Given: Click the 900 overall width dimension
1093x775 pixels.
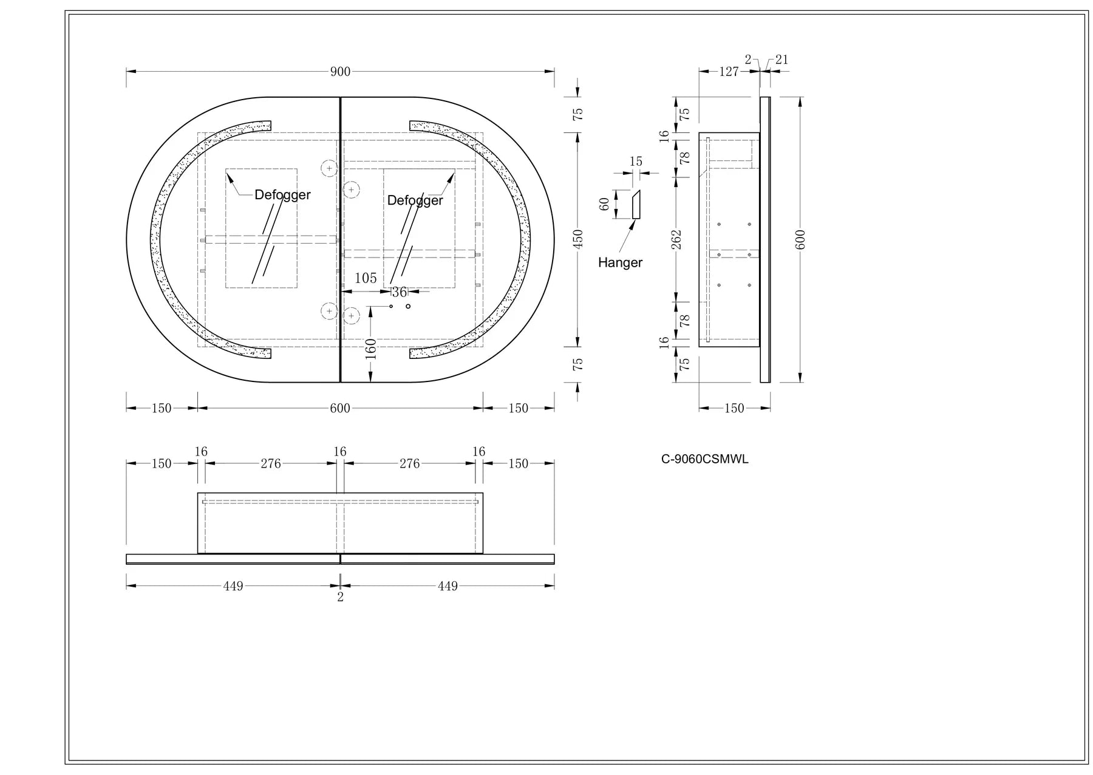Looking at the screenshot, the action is [x=340, y=72].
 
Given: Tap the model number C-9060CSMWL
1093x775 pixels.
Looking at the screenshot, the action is [x=704, y=459].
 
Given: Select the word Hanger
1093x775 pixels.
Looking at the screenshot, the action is [x=620, y=262].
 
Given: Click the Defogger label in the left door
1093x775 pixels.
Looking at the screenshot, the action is [x=282, y=195].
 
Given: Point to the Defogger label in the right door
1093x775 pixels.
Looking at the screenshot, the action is [x=415, y=200].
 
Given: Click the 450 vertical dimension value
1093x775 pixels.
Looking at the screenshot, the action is [x=578, y=238].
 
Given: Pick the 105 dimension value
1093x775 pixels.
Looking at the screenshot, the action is [x=366, y=278].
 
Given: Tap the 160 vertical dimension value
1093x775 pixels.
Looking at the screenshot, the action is [x=370, y=349].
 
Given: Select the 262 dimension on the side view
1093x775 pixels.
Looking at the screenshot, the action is [x=677, y=239].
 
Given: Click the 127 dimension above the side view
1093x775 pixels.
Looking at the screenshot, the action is [x=729, y=72].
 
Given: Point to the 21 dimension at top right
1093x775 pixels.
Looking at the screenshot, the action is [x=782, y=60].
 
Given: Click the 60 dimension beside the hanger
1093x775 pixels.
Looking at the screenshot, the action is [x=604, y=204].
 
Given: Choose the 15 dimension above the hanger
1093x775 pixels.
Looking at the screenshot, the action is [x=636, y=162].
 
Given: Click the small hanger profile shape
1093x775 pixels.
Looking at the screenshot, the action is [x=636, y=204].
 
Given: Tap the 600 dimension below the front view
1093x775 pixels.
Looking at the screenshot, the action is [x=340, y=408].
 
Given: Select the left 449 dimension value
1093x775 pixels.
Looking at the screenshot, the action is [x=233, y=586].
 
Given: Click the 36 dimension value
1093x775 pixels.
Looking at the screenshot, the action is [x=399, y=293].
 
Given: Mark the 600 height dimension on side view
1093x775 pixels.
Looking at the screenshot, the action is [x=800, y=239].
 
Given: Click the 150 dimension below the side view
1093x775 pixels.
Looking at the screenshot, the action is [x=734, y=408].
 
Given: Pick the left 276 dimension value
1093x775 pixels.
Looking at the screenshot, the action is [x=271, y=463].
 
